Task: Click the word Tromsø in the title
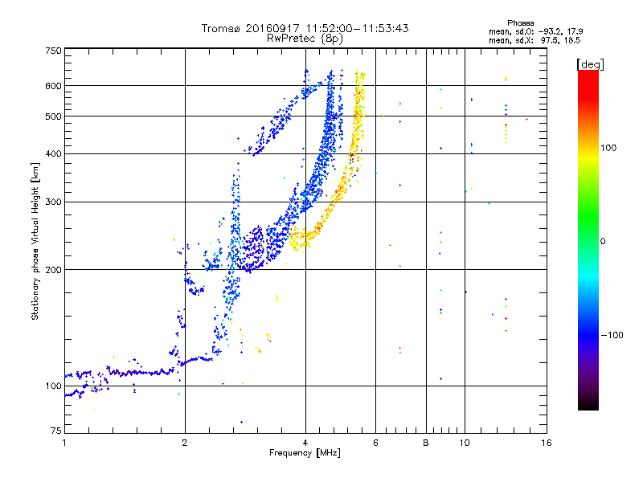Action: pos(222,28)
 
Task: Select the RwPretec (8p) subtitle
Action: pos(305,39)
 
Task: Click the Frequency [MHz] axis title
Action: pos(305,453)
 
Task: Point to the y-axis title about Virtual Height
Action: pos(35,242)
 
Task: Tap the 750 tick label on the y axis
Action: pos(53,51)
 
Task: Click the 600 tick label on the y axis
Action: pos(53,86)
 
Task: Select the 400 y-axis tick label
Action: pos(53,154)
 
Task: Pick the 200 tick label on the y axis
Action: pos(53,270)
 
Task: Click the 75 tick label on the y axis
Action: pos(56,431)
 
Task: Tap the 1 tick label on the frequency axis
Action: pos(64,443)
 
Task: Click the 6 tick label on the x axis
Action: pos(375,443)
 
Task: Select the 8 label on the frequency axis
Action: pos(426,443)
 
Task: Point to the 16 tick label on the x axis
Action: pos(547,443)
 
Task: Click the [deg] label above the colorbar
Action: pos(590,64)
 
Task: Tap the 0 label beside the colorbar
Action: pos(602,242)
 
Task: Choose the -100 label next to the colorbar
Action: pos(612,335)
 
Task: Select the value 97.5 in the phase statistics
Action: pos(549,40)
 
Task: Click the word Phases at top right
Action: pos(520,23)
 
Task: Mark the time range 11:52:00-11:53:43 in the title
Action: pos(357,28)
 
